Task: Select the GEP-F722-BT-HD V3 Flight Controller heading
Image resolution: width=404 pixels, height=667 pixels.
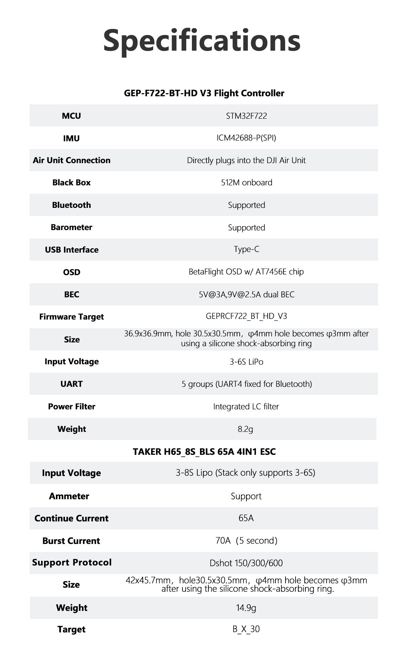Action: pyautogui.click(x=204, y=93)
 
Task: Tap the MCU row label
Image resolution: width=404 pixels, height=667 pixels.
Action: pyautogui.click(x=71, y=116)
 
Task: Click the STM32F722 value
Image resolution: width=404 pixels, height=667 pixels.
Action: pyautogui.click(x=246, y=116)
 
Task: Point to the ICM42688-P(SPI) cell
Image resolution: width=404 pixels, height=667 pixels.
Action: pyautogui.click(x=246, y=138)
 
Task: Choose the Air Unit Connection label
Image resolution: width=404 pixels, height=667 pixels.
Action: pyautogui.click(x=72, y=160)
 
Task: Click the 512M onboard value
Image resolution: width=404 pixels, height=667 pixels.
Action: pyautogui.click(x=246, y=182)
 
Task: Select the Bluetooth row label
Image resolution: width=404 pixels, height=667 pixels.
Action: pyautogui.click(x=71, y=205)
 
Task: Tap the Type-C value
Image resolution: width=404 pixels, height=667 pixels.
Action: pyautogui.click(x=246, y=249)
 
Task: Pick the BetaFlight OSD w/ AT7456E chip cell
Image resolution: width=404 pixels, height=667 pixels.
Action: pyautogui.click(x=246, y=272)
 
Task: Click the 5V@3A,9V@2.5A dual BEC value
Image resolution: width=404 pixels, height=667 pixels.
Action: pyautogui.click(x=246, y=294)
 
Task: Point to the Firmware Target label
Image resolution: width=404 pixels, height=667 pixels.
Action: pyautogui.click(x=72, y=317)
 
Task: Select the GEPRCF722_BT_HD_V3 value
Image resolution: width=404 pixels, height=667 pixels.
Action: pyautogui.click(x=246, y=316)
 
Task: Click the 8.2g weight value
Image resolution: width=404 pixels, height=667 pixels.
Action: pyautogui.click(x=245, y=429)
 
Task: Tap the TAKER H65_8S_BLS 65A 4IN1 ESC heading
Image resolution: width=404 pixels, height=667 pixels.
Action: pyautogui.click(x=204, y=451)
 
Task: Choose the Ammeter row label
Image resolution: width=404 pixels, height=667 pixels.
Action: pyautogui.click(x=69, y=496)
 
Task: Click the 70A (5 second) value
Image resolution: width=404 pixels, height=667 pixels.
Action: pyautogui.click(x=246, y=541)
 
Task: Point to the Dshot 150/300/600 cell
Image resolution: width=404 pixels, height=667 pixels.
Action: pyautogui.click(x=246, y=563)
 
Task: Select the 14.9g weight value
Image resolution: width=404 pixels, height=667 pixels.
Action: pyautogui.click(x=246, y=608)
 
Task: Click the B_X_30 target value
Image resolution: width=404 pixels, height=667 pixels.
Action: pyautogui.click(x=246, y=629)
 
